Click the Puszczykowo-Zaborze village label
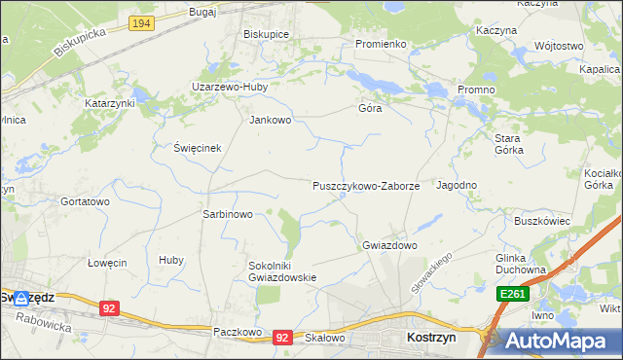pyautogui.click(x=366, y=185)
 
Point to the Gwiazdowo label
pyautogui.click(x=389, y=245)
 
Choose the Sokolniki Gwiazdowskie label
pyautogui.click(x=283, y=270)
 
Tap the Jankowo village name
pyautogui.click(x=271, y=121)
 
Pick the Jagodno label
pyautogui.click(x=457, y=185)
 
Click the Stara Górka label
pyautogui.click(x=509, y=144)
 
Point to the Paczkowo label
pyautogui.click(x=238, y=332)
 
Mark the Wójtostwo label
pyautogui.click(x=559, y=46)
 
